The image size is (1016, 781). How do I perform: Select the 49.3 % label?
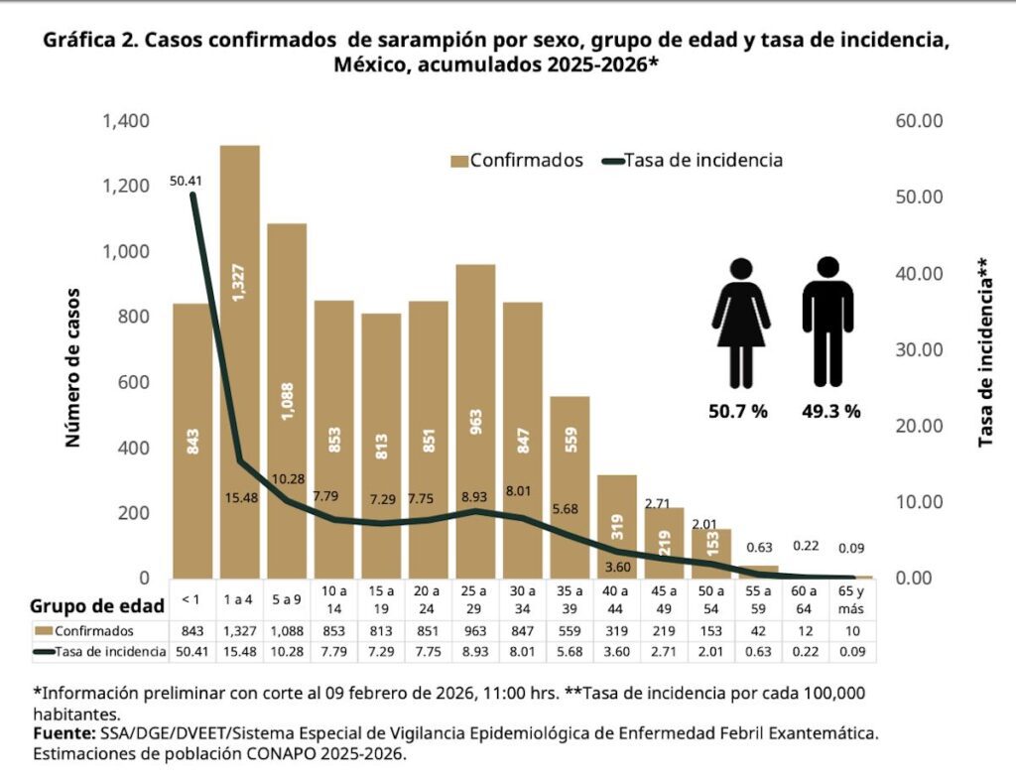(x=830, y=412)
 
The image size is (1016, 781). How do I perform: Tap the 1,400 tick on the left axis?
(x=125, y=121)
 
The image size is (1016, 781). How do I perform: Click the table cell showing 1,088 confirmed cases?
(x=287, y=631)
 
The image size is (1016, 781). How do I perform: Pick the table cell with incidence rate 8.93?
(x=475, y=652)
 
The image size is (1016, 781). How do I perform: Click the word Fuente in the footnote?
(x=63, y=733)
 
